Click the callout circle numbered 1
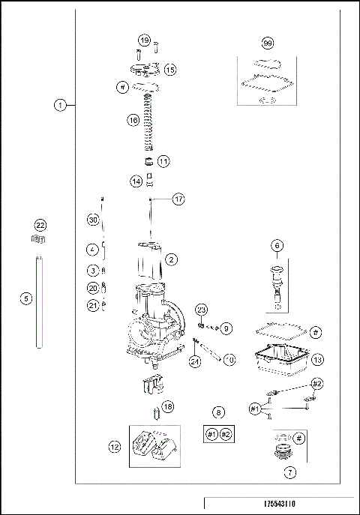point(59,106)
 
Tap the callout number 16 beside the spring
point(132,119)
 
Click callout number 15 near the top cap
point(169,69)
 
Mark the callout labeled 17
point(178,199)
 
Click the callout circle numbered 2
point(172,259)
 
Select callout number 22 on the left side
point(40,225)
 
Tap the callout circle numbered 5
point(26,298)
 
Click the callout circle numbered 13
point(317,360)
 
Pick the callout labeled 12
point(115,447)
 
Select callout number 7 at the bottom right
point(289,473)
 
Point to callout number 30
point(93,220)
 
